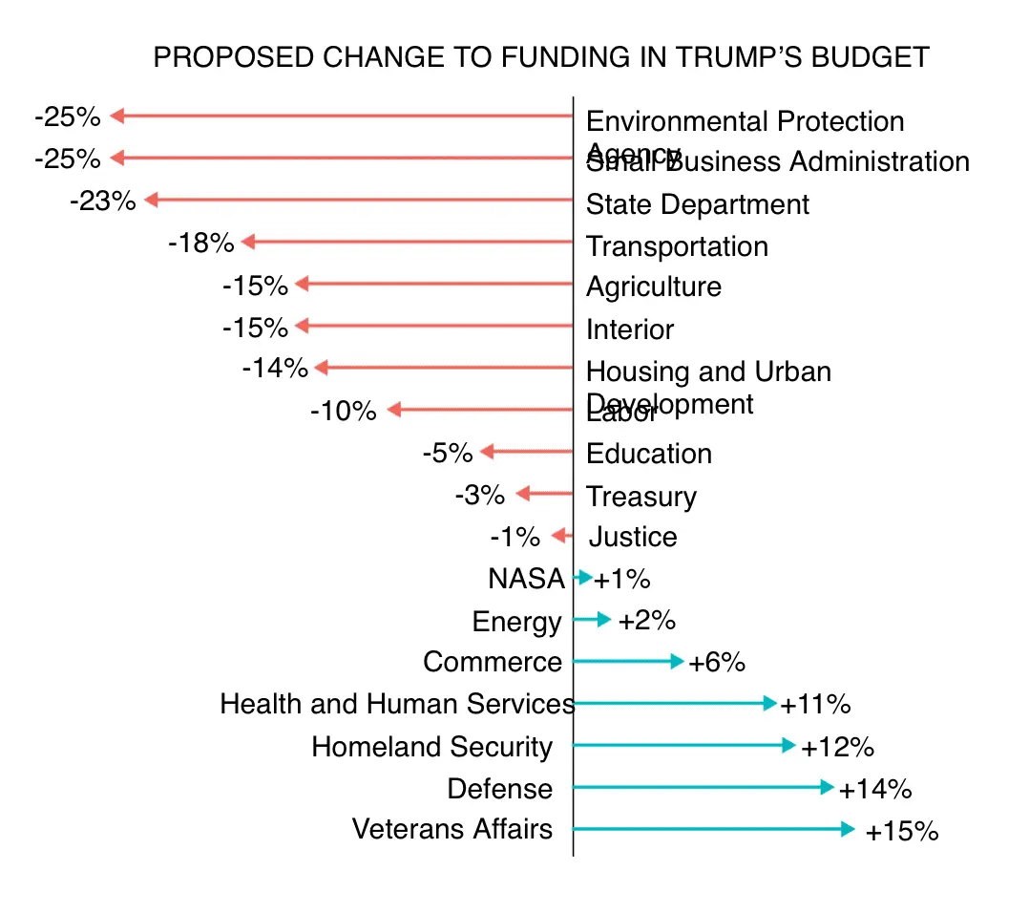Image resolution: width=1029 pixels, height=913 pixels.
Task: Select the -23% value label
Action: click(102, 202)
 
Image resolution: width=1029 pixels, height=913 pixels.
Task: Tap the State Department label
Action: click(697, 204)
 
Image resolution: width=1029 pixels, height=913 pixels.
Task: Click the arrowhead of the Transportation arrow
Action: click(249, 243)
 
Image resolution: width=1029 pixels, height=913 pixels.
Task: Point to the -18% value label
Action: click(200, 244)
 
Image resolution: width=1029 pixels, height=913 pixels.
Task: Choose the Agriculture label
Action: click(653, 287)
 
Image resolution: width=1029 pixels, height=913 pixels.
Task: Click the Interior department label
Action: click(630, 329)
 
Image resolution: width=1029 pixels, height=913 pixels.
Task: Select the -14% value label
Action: click(275, 368)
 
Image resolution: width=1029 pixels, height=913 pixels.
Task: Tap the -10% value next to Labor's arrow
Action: click(343, 412)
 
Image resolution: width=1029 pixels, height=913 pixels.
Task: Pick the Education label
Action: click(649, 454)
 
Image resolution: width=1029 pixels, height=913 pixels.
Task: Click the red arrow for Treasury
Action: click(544, 494)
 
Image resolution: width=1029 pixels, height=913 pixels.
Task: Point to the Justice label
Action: click(633, 537)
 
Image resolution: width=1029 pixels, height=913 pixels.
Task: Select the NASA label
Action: click(526, 579)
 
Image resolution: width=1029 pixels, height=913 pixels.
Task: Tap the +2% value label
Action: click(646, 621)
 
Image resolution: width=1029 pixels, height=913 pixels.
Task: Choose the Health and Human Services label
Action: click(397, 704)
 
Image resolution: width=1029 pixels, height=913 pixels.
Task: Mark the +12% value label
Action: click(837, 747)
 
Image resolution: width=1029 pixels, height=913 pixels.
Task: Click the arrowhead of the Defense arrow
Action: click(828, 787)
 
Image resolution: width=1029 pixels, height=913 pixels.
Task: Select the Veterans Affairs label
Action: click(451, 828)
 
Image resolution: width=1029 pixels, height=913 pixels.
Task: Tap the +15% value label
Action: click(901, 832)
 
